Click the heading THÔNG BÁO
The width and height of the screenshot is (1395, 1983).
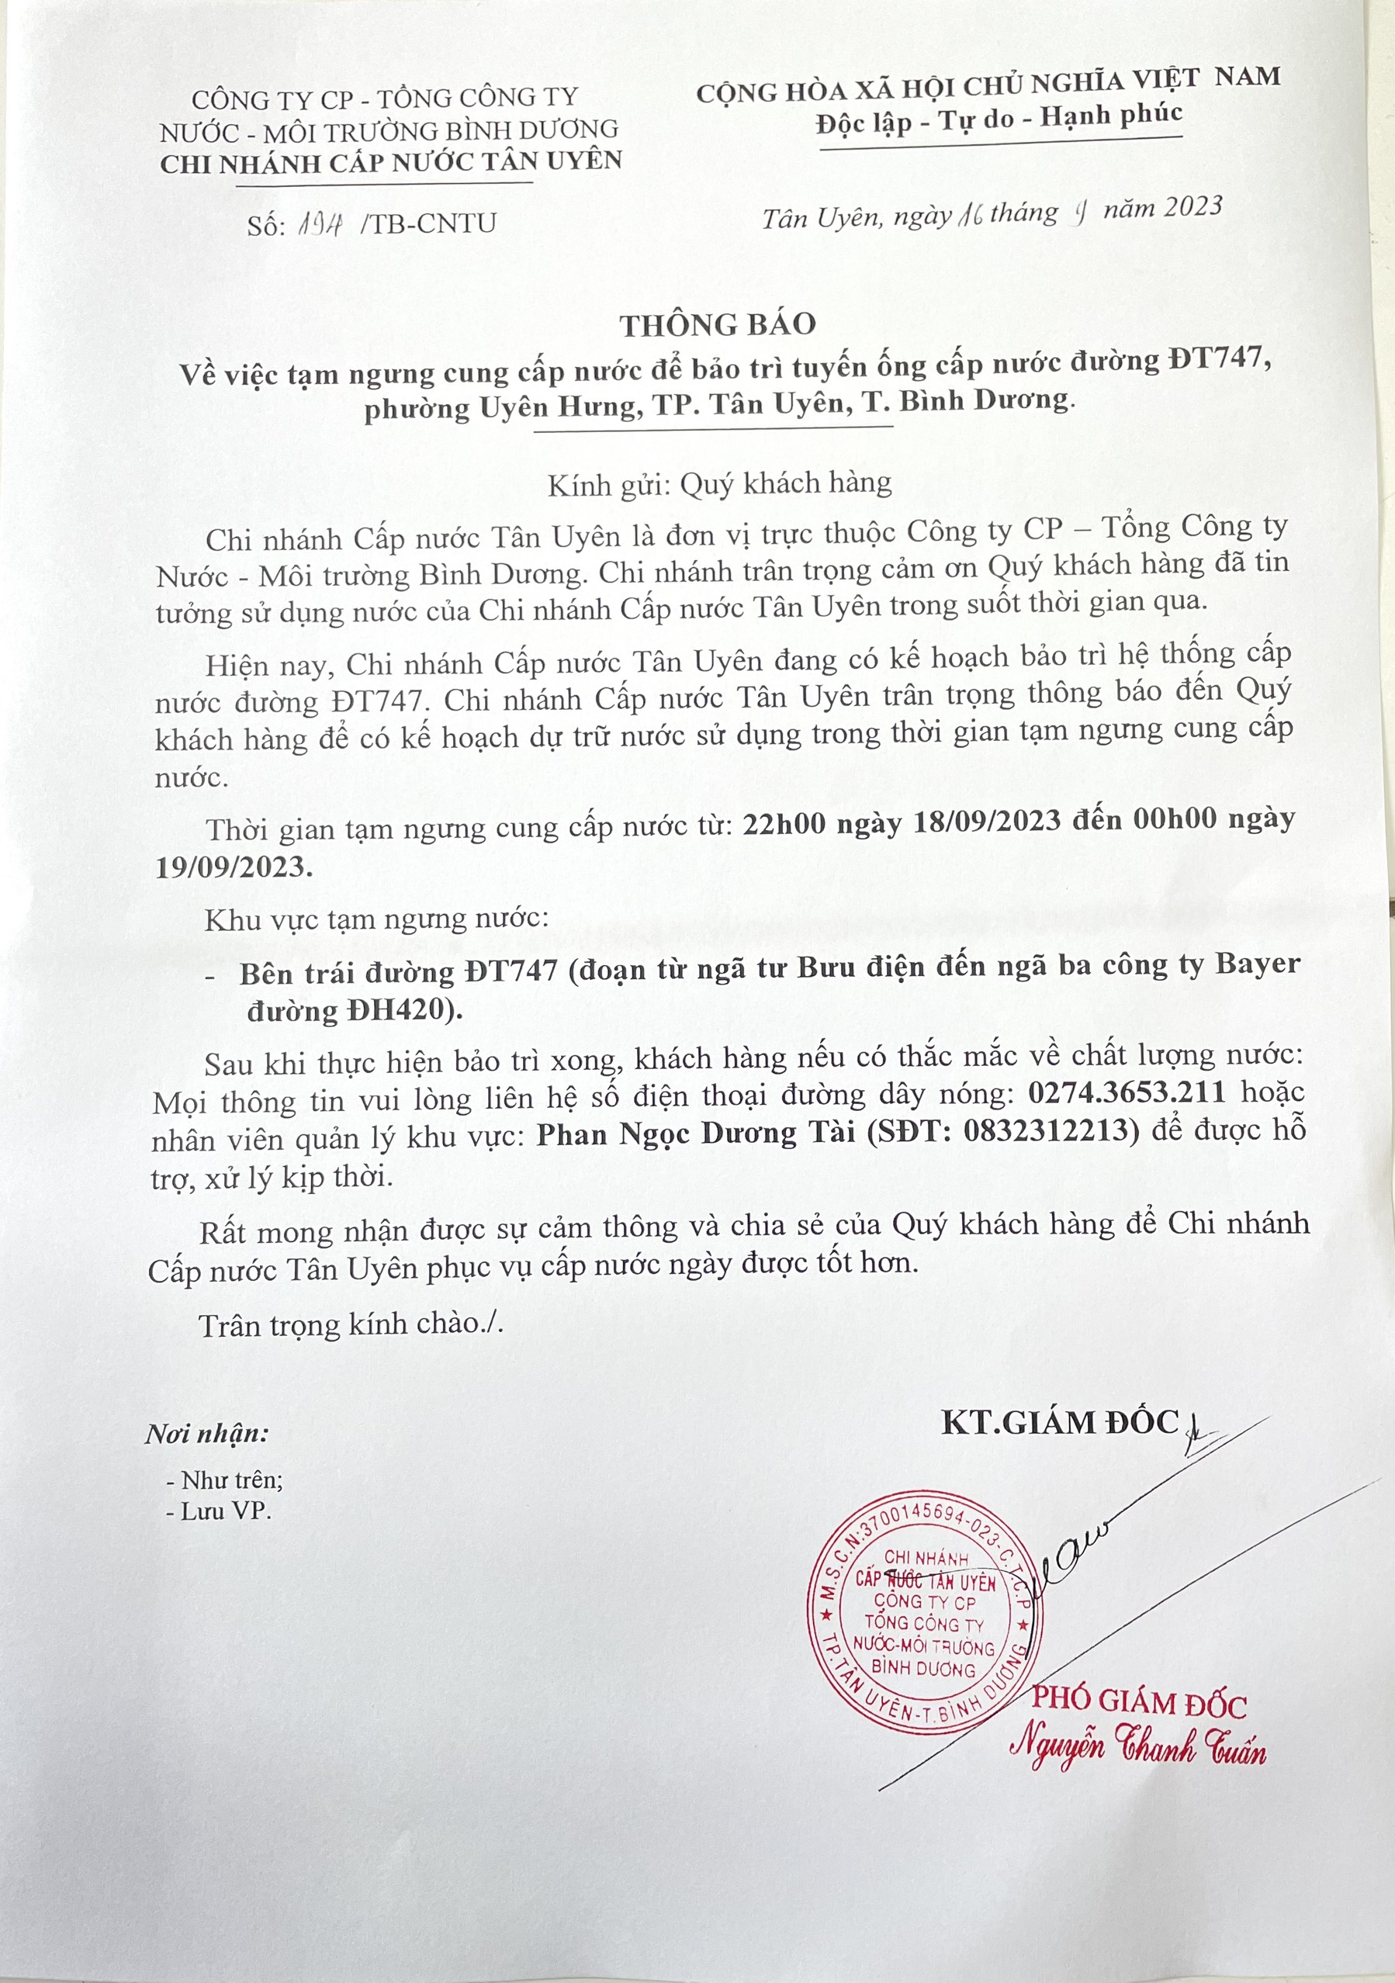point(717,325)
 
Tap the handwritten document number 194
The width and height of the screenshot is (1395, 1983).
point(320,224)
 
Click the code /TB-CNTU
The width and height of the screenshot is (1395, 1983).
point(430,223)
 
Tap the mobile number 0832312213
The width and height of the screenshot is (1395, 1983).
point(1039,1132)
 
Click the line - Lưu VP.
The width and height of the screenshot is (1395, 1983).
point(220,1511)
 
